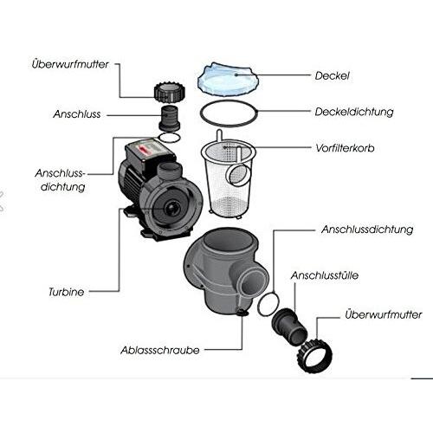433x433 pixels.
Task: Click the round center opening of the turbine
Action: (172, 208)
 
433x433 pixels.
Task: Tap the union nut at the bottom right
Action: (316, 355)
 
